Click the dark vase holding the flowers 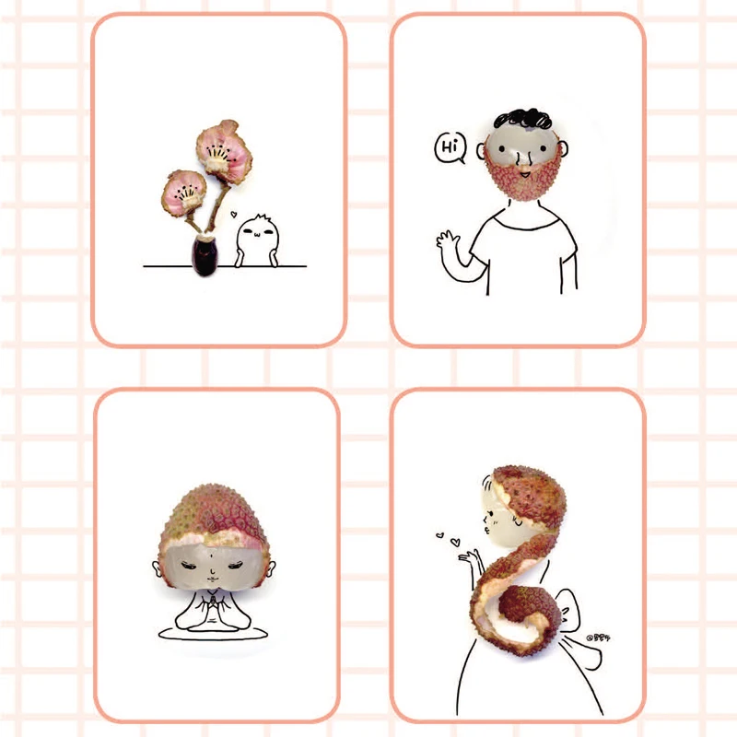click(203, 254)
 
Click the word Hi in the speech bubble click(450, 146)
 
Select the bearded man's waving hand click(449, 244)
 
